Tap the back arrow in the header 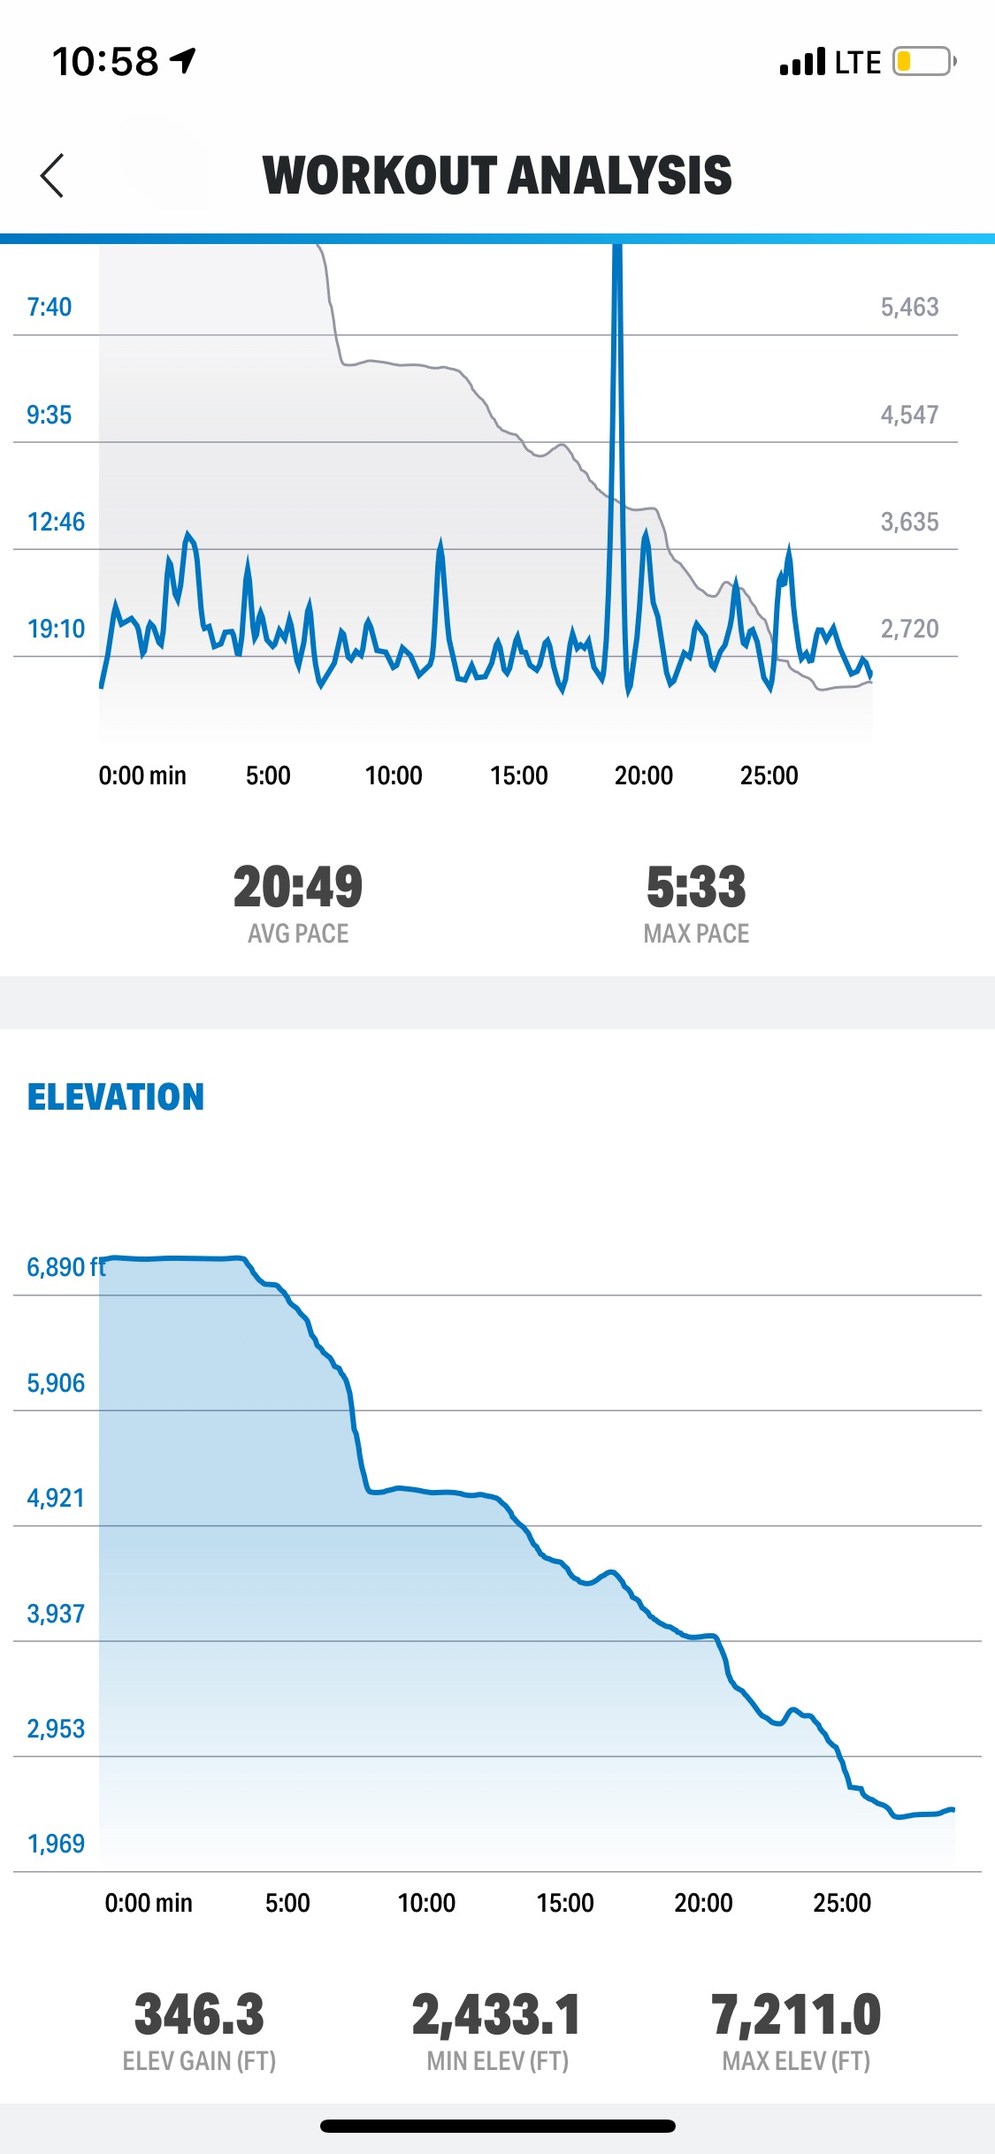coord(52,175)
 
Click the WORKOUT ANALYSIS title coord(497,175)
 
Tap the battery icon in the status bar coord(923,62)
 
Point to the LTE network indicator coord(857,63)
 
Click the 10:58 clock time coord(105,62)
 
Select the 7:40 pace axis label coord(49,307)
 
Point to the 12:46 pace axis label coord(56,522)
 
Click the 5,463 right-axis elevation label coord(909,307)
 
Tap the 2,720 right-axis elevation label coord(909,629)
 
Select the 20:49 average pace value coord(298,887)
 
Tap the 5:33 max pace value coord(696,887)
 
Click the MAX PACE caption coord(696,934)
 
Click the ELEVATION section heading coord(116,1097)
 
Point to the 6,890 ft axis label coord(65,1267)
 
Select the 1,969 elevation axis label coord(56,1844)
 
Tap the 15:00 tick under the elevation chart coord(565,1903)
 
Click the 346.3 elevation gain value coord(199,2015)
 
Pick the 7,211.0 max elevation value coord(796,2015)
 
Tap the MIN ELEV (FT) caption coord(497,2061)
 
